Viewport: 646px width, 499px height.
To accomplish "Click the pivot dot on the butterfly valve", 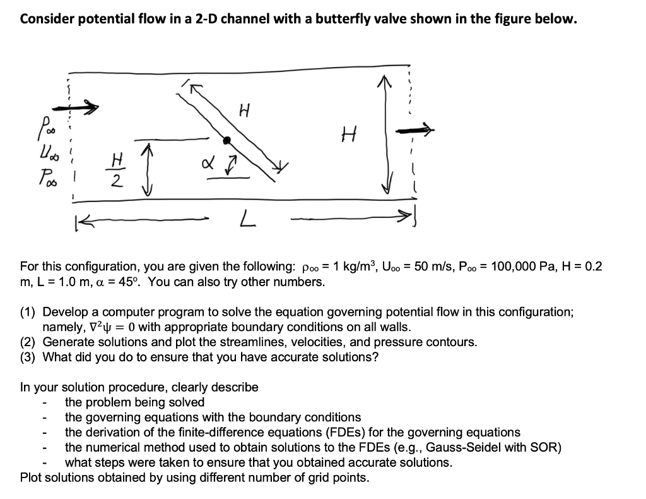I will (227, 140).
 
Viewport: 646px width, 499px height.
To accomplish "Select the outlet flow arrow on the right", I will (415, 131).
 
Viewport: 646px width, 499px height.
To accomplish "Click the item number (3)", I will (29, 358).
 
